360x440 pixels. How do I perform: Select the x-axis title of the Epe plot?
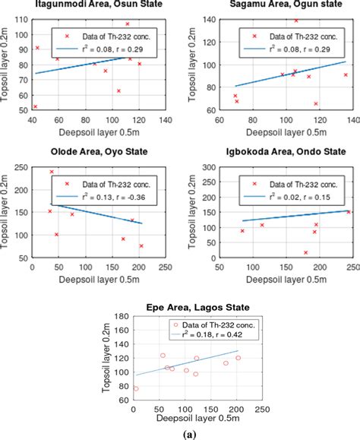pyautogui.click(x=197, y=419)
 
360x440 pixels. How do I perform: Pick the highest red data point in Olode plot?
pyautogui.click(x=52, y=172)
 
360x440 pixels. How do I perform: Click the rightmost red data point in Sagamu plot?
pyautogui.click(x=346, y=74)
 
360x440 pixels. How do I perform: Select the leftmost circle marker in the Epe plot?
pyautogui.click(x=136, y=388)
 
